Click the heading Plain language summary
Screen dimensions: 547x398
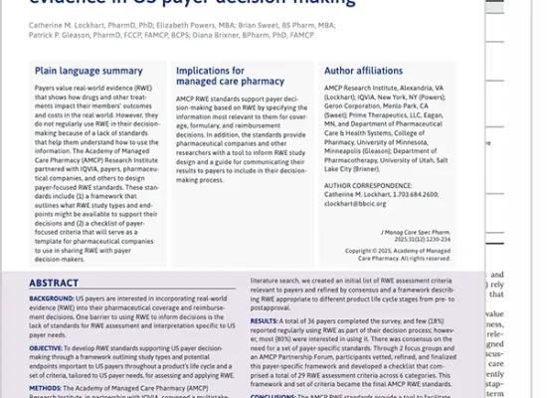pyautogui.click(x=89, y=72)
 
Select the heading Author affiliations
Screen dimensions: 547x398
pyautogui.click(x=366, y=72)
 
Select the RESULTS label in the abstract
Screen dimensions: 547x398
pyautogui.click(x=265, y=321)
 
